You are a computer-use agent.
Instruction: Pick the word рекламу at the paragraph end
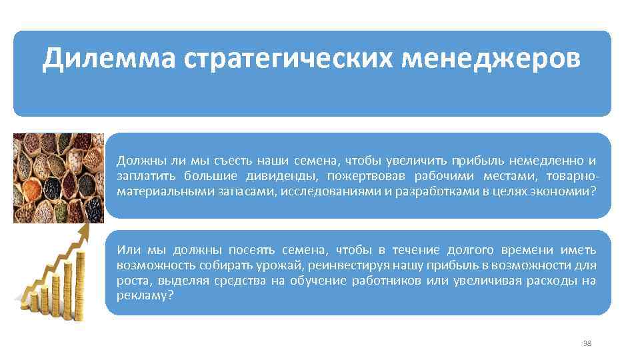pos(145,296)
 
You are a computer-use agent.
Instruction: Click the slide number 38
pos(587,343)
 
